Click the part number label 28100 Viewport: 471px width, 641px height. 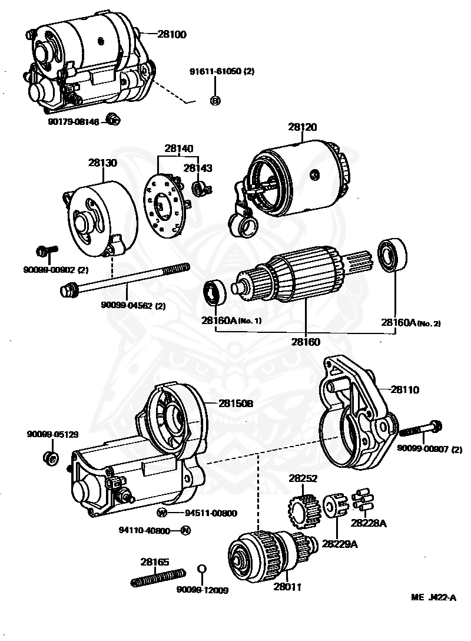pos(171,35)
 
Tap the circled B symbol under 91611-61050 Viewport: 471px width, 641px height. pos(215,101)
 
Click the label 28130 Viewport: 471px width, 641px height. pos(103,163)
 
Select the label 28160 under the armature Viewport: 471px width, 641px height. pos(306,341)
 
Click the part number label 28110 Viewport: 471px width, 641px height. pos(405,389)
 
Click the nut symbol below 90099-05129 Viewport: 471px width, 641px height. pos(50,458)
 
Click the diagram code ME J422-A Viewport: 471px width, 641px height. pos(434,597)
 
